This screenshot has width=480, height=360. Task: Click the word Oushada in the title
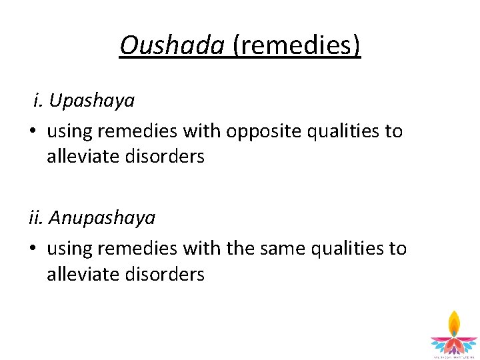(x=173, y=46)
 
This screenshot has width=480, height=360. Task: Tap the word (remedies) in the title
(x=297, y=46)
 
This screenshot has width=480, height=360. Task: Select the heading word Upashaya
(x=92, y=101)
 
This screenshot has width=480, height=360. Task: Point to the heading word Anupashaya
(x=103, y=218)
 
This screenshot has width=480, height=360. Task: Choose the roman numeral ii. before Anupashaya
(x=37, y=218)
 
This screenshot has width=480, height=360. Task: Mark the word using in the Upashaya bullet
(x=69, y=131)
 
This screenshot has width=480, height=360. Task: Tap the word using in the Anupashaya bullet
(x=69, y=248)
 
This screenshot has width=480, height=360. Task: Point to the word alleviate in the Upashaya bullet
(x=82, y=157)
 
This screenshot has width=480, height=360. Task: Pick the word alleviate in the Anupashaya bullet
(x=82, y=274)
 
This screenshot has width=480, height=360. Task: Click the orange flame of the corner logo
(x=454, y=323)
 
